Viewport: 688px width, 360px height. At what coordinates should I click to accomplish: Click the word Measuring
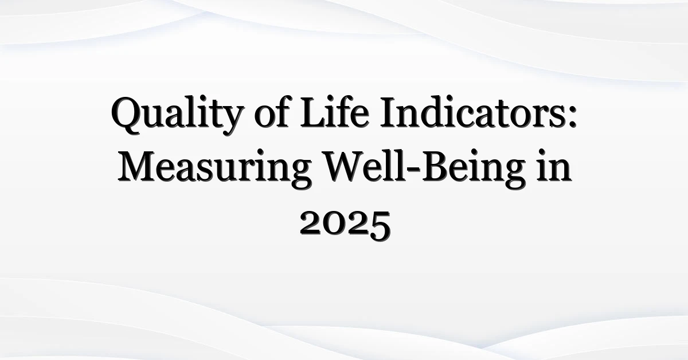point(214,169)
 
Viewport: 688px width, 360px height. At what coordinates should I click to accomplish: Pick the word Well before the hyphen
point(366,166)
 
